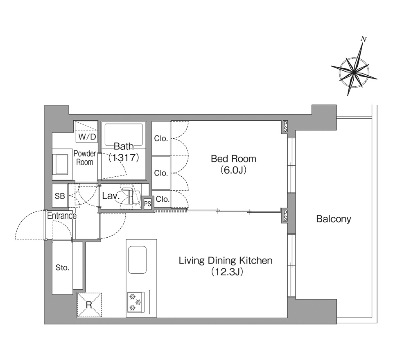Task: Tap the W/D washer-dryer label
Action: point(87,137)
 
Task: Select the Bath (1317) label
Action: point(124,152)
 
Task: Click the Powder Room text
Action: point(84,157)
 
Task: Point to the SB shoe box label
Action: point(60,196)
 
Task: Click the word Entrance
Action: point(62,216)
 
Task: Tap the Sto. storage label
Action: point(62,268)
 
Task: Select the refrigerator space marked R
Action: point(89,305)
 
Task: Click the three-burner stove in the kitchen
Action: point(136,302)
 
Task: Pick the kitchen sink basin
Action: point(138,260)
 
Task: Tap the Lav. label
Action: point(110,196)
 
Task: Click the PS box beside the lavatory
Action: point(148,204)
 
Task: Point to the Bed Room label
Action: point(233,159)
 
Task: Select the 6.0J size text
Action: point(233,170)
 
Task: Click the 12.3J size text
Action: point(227,272)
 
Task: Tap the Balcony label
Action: point(334,219)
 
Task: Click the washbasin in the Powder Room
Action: point(60,164)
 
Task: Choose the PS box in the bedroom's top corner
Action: point(285,126)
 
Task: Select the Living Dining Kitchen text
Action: point(226,261)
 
